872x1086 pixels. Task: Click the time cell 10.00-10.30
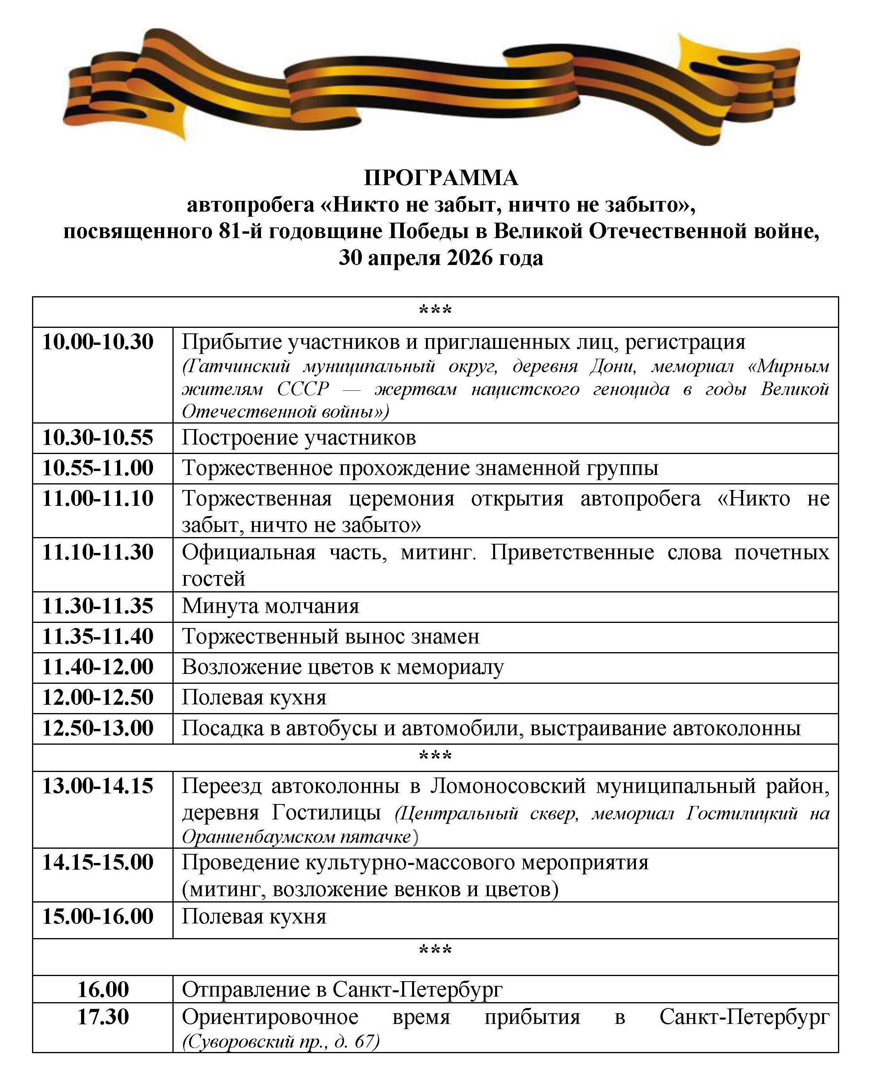[98, 342]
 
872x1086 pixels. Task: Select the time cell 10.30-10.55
[98, 438]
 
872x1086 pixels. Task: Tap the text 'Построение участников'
[299, 438]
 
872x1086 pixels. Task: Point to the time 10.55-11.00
[98, 468]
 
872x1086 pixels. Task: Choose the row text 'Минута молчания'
[270, 606]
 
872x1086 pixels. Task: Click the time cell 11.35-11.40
[98, 637]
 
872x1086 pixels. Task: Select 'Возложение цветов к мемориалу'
[342, 667]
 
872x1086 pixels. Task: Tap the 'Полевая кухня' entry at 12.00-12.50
[254, 698]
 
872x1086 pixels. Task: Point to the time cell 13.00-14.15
[98, 786]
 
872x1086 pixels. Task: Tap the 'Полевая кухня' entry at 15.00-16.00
[254, 917]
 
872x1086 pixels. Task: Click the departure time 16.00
[103, 990]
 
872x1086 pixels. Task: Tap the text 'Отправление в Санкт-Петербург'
[342, 990]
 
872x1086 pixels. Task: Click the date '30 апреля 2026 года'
[441, 258]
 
